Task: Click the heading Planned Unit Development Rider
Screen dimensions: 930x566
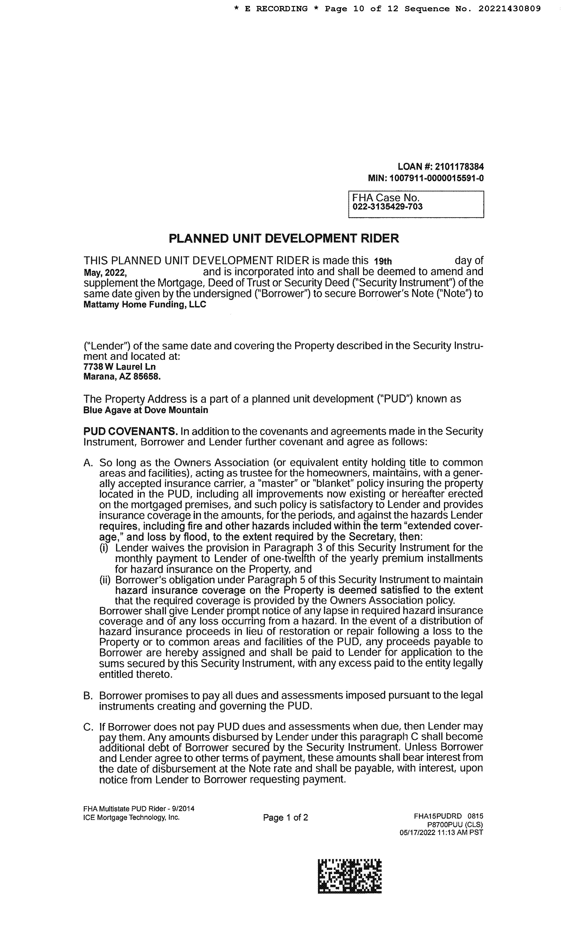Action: pyautogui.click(x=284, y=238)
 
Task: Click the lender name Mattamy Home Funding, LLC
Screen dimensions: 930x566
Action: pyautogui.click(x=145, y=305)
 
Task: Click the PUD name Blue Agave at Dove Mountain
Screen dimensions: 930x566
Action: pyautogui.click(x=145, y=410)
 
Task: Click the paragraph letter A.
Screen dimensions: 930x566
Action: pyautogui.click(x=88, y=463)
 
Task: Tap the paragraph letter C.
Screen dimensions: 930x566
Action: pyautogui.click(x=88, y=727)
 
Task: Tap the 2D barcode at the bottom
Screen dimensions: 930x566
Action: pyautogui.click(x=350, y=876)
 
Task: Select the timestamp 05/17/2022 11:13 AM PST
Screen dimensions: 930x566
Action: pyautogui.click(x=441, y=833)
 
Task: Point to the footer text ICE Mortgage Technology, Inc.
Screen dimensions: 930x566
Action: pyautogui.click(x=131, y=818)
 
